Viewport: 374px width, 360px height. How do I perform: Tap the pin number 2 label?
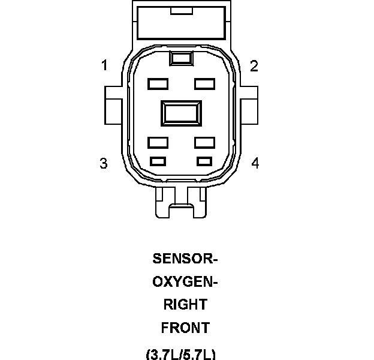coord(254,66)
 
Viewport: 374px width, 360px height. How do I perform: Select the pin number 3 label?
coord(104,163)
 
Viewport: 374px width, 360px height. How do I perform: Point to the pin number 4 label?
coord(255,163)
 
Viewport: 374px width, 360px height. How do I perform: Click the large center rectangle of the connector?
coord(181,114)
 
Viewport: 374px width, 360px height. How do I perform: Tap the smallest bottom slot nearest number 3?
coord(158,161)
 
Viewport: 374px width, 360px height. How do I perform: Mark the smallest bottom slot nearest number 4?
coord(205,161)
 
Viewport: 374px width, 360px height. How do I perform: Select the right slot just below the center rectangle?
coord(204,143)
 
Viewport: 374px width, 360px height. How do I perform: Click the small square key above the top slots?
coord(180,58)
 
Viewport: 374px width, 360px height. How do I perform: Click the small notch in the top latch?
coord(180,11)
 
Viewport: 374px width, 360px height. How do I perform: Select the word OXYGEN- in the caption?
coord(185,282)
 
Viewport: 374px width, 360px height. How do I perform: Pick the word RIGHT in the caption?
coord(185,305)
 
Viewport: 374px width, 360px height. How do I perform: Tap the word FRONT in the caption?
coord(185,328)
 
